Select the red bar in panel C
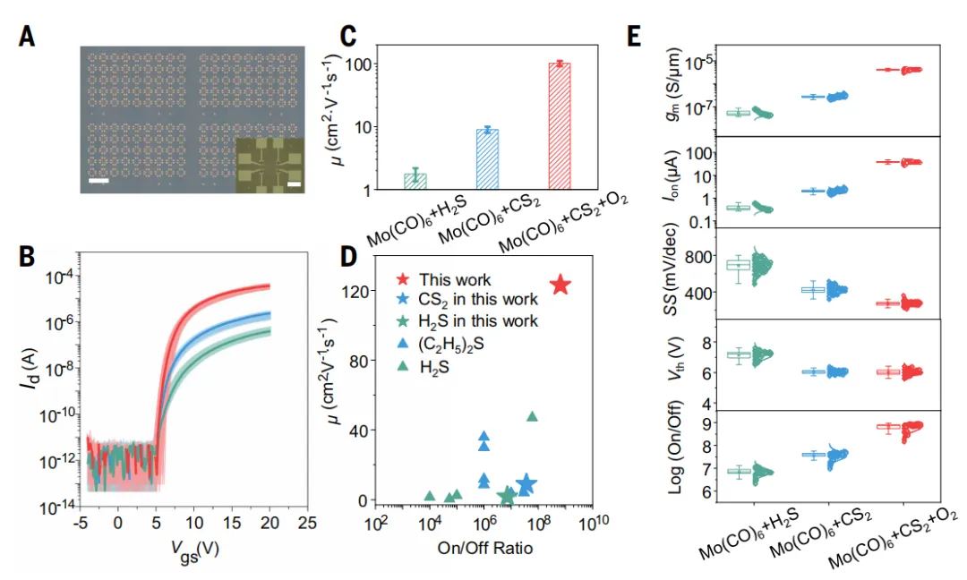(560, 125)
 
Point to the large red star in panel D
(561, 285)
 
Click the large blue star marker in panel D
(526, 483)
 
